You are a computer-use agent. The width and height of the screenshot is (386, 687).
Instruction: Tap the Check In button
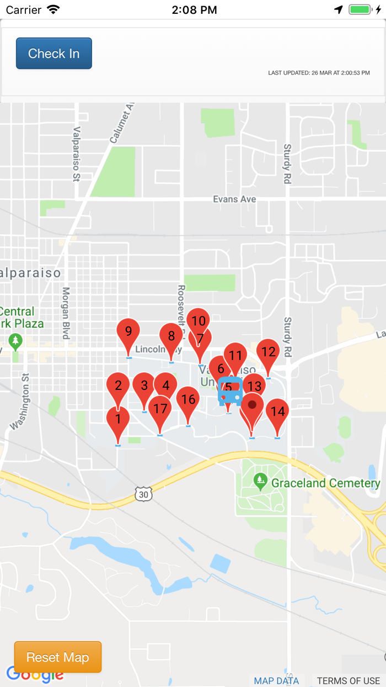click(x=54, y=54)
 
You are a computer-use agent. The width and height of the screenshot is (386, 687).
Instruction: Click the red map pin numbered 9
click(x=128, y=332)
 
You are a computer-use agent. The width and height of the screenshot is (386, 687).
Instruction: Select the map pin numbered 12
click(x=268, y=352)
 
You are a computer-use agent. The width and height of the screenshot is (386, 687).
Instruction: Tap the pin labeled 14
click(x=277, y=411)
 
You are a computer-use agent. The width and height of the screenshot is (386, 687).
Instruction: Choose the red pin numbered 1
click(x=118, y=419)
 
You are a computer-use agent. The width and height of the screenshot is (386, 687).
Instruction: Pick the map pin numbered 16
click(x=188, y=400)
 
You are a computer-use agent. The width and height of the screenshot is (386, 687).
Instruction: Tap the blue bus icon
click(x=230, y=391)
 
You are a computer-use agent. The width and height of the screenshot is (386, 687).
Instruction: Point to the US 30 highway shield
click(x=143, y=494)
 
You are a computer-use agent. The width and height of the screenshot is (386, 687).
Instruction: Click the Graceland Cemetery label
click(x=326, y=483)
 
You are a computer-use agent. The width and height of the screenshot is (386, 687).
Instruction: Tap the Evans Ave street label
click(x=235, y=199)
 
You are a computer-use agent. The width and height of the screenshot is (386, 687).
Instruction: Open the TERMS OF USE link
click(x=348, y=680)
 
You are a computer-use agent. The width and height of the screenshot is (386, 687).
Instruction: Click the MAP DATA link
click(x=276, y=680)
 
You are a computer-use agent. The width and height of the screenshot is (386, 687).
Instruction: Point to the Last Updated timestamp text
click(x=319, y=73)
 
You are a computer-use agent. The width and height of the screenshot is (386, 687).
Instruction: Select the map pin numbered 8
click(x=171, y=336)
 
